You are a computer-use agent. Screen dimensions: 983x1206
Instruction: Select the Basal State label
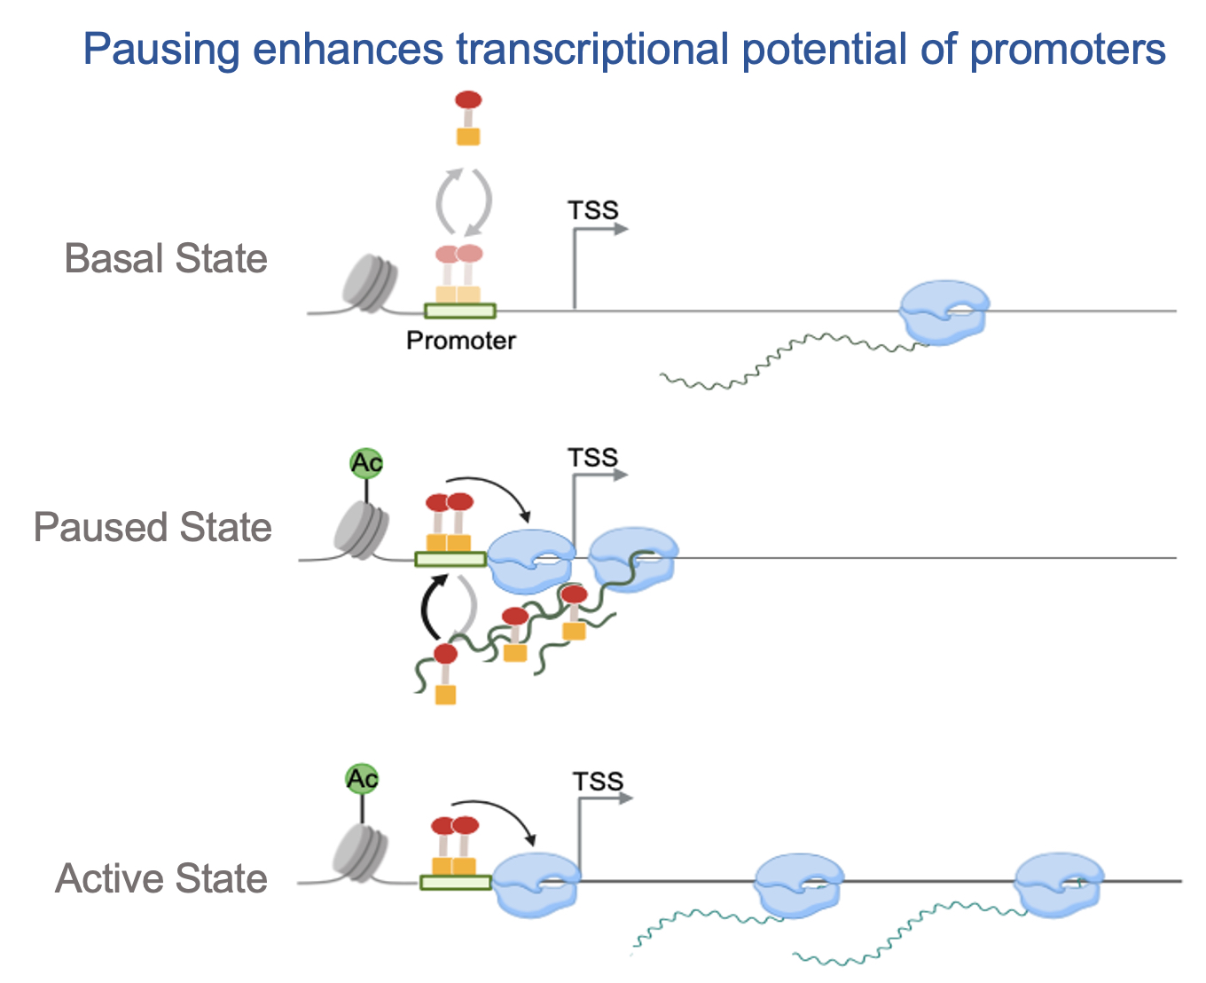[166, 259]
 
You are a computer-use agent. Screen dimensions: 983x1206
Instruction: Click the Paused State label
[153, 527]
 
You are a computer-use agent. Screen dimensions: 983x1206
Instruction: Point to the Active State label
[161, 878]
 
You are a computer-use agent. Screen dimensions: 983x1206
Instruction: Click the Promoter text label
[460, 341]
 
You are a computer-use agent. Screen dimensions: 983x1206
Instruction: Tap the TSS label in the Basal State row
[592, 210]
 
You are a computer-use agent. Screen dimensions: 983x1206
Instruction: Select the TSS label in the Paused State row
[592, 458]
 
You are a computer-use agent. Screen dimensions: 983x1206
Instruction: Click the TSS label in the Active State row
[598, 782]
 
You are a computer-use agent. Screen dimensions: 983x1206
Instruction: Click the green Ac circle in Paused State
[365, 463]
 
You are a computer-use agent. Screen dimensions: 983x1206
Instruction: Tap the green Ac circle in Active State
[362, 779]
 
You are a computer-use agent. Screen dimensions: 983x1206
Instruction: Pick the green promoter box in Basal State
[459, 311]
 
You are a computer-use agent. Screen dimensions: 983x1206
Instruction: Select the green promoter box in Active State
[455, 882]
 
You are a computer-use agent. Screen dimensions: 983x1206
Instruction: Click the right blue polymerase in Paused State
[633, 557]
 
